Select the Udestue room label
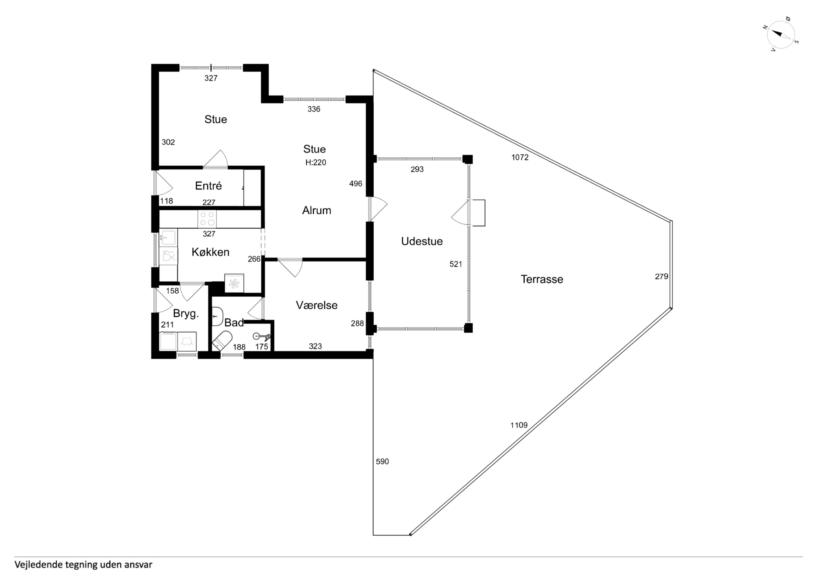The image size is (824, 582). tap(422, 241)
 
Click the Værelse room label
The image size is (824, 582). tap(316, 305)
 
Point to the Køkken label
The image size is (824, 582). tap(210, 252)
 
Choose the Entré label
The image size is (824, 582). tap(208, 186)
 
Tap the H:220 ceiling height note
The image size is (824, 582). tap(316, 162)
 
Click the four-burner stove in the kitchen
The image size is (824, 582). tap(207, 219)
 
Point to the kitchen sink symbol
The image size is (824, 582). tap(168, 237)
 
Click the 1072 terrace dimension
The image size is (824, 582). tap(520, 157)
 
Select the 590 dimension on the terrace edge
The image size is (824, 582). tap(382, 461)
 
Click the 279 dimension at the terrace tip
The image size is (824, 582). tap(661, 276)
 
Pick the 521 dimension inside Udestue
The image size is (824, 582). tap(456, 264)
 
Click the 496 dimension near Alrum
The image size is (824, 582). tap(356, 184)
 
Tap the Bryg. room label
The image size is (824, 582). tap(186, 314)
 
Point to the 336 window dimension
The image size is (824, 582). tap(314, 109)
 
